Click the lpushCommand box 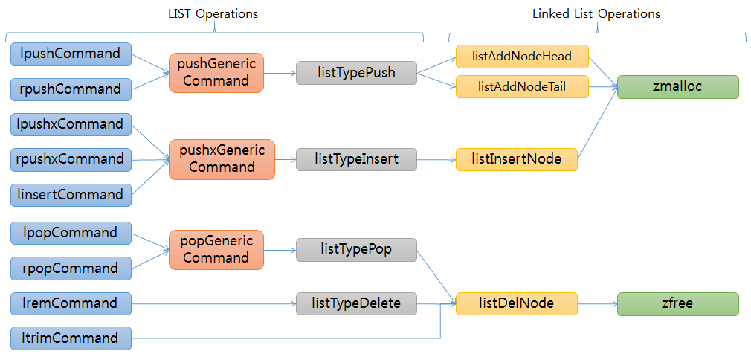(71, 54)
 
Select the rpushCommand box (71, 89)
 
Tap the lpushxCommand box (71, 124)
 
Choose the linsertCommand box (71, 195)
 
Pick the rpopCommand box (71, 268)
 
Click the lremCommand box (71, 303)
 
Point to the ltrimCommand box (71, 338)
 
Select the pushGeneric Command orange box (216, 72)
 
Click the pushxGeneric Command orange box (222, 158)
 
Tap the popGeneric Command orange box (216, 249)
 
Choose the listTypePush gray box (356, 73)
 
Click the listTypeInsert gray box (356, 159)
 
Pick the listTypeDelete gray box (356, 303)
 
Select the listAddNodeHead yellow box (521, 57)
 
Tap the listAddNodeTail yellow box (521, 86)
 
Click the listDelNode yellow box (516, 303)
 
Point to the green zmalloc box (677, 87)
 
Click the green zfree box (677, 303)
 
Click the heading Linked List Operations (596, 14)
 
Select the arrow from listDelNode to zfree (596, 303)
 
